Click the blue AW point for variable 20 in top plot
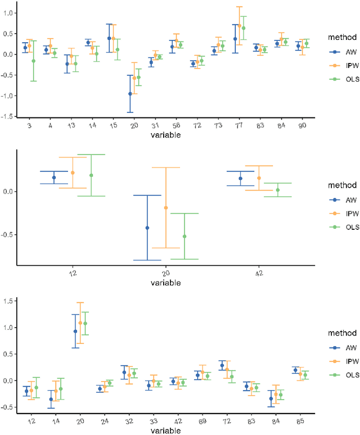point(130,94)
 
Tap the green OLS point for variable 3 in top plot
point(33,61)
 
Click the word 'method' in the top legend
point(339,37)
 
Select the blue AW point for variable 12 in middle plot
point(54,178)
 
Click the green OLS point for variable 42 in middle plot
point(278,190)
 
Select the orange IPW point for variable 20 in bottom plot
point(80,323)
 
